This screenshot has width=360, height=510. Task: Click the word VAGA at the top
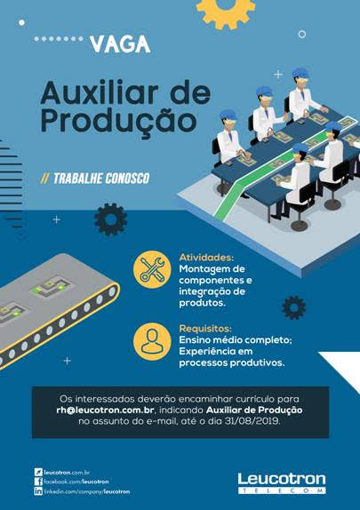click(120, 44)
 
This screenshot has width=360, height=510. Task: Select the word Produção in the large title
click(118, 121)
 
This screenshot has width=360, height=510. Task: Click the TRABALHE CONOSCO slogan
click(94, 179)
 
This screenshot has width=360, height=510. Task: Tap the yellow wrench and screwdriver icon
click(152, 269)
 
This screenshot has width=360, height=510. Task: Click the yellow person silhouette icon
click(152, 341)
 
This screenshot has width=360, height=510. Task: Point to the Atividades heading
click(206, 258)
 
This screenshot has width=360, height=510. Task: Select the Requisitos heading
click(205, 328)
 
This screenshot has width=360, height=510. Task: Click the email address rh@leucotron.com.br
click(105, 410)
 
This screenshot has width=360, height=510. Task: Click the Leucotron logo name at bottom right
click(282, 480)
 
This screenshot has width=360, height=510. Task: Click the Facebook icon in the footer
click(38, 482)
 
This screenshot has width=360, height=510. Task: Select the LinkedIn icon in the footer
click(38, 491)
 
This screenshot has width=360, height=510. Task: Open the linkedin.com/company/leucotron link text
click(87, 492)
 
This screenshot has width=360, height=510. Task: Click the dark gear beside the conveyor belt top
click(111, 219)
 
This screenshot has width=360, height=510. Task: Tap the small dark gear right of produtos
click(294, 307)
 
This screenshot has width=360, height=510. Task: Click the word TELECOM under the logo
click(282, 490)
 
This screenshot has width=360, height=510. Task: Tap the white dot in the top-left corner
click(22, 23)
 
